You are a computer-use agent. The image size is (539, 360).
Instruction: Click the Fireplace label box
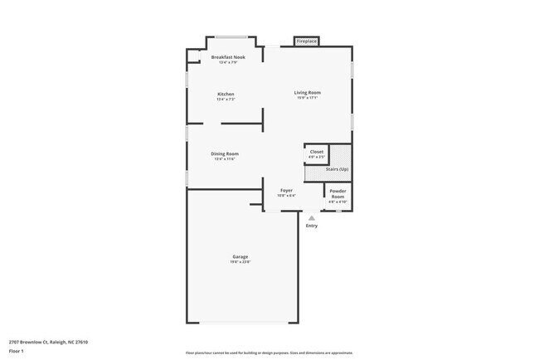306,41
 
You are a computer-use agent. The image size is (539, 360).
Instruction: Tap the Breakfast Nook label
228,57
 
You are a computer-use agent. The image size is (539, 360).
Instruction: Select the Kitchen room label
226,94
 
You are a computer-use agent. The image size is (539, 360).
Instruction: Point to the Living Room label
308,92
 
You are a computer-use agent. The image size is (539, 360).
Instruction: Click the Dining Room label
225,153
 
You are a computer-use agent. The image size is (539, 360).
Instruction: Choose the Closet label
317,152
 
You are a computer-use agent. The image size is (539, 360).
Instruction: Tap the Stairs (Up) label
337,168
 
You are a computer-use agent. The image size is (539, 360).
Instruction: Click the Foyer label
286,191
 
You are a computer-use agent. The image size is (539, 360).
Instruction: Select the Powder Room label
337,194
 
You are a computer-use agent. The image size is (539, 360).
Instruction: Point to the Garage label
240,257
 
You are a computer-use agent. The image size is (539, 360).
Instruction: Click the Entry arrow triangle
312,218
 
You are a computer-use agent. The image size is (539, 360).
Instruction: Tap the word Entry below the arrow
312,226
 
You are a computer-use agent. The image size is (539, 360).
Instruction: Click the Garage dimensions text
240,262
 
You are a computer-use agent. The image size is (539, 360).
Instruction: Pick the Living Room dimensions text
308,98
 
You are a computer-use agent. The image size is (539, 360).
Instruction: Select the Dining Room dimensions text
225,158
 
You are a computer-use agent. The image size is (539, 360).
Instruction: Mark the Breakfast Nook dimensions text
228,62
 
